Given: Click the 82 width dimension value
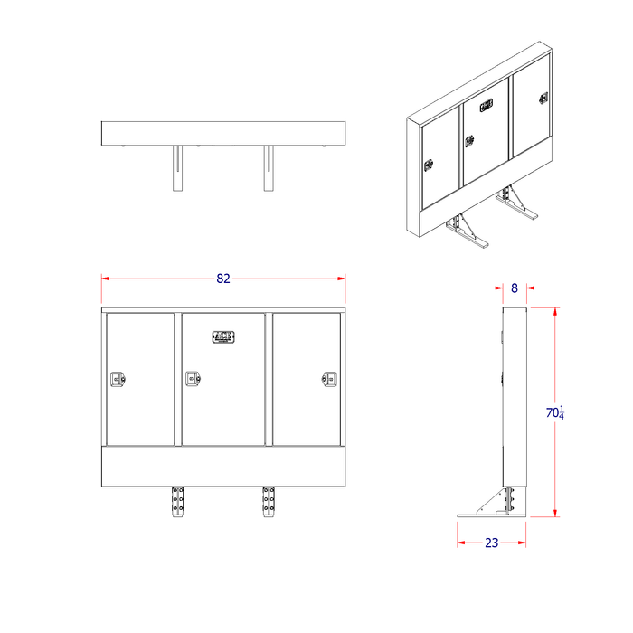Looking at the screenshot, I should [x=223, y=279].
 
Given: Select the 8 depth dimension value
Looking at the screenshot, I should [x=515, y=288].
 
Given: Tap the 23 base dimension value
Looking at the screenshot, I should [x=491, y=543].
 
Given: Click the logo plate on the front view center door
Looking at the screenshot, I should [x=223, y=337].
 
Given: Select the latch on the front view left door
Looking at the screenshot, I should [x=117, y=380].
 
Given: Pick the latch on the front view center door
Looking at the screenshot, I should [x=193, y=380].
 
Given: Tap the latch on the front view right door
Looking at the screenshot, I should [x=330, y=380].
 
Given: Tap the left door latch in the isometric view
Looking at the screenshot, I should [x=430, y=165].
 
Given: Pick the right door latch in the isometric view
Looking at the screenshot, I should [x=543, y=98].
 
